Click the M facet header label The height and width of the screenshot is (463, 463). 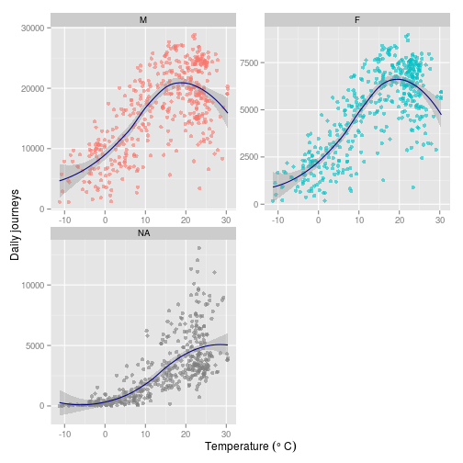coord(142,18)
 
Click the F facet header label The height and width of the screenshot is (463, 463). coord(356,18)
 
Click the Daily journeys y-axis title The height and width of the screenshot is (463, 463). coord(16,226)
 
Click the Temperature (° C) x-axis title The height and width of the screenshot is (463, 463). coord(250,446)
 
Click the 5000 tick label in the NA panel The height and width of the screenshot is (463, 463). coord(35,345)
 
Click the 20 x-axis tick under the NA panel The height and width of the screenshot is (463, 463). coord(186,435)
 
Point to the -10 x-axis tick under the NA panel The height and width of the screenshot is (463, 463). coord(63,435)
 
